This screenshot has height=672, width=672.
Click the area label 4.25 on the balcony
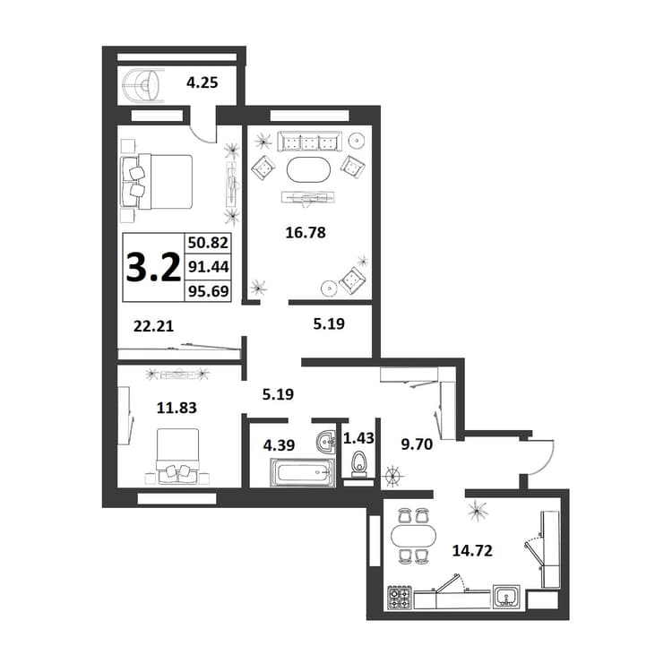click(x=202, y=82)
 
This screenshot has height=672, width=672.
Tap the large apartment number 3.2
click(x=153, y=267)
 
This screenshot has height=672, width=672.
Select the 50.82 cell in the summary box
click(x=208, y=243)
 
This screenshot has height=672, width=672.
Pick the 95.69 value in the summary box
click(x=208, y=291)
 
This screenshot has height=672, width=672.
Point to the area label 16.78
click(x=306, y=232)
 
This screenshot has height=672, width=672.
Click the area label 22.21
click(x=153, y=326)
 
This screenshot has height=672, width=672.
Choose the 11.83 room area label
click(x=177, y=408)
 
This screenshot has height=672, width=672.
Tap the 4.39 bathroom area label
click(x=279, y=445)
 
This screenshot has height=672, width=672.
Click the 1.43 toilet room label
click(x=358, y=438)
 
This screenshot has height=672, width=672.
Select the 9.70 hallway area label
click(x=417, y=444)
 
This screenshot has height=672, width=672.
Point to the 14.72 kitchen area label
click(x=472, y=550)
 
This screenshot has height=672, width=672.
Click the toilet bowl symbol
click(x=359, y=464)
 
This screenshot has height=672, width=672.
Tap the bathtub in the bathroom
click(x=303, y=473)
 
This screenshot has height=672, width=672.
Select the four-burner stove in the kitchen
click(x=400, y=598)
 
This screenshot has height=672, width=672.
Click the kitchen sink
click(x=507, y=597)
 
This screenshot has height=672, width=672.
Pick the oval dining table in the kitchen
click(x=413, y=536)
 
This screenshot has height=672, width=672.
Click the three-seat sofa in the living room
click(x=309, y=141)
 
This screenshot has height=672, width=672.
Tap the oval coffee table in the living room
click(x=308, y=170)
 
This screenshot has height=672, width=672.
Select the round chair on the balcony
click(x=142, y=86)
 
